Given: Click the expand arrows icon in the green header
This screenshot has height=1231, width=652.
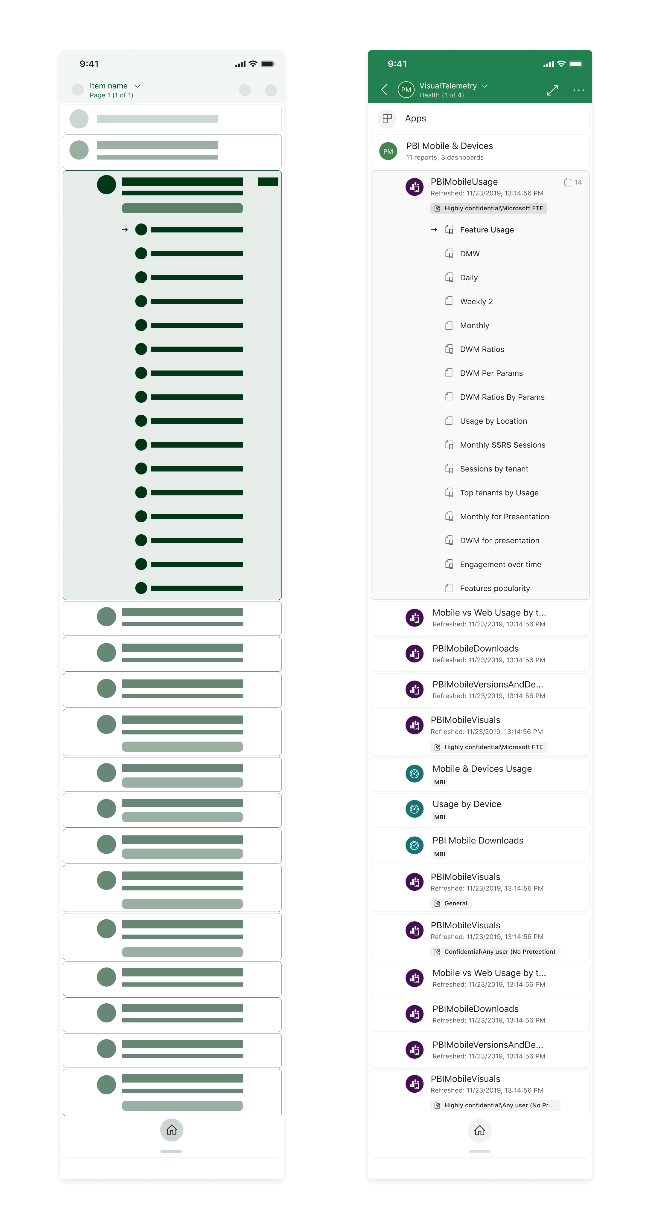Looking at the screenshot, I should (552, 90).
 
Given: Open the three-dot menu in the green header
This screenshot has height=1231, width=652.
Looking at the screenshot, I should (578, 90).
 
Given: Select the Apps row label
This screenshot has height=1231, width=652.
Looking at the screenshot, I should (415, 119).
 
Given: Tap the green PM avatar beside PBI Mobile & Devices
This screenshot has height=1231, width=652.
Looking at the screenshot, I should (388, 151).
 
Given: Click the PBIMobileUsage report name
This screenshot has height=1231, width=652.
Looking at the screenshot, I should (464, 182).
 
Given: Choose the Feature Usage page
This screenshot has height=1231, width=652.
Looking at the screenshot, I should (487, 230).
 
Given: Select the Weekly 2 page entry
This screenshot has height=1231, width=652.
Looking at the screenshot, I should (476, 301).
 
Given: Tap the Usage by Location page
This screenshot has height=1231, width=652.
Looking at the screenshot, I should (493, 421).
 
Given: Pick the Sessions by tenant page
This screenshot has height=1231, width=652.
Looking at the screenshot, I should (494, 469).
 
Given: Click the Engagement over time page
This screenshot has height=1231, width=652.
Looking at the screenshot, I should (500, 564).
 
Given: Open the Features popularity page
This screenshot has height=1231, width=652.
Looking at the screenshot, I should (495, 588).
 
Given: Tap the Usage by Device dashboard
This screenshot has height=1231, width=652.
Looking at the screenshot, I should (466, 804).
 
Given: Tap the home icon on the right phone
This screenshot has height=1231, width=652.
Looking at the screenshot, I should (479, 1130).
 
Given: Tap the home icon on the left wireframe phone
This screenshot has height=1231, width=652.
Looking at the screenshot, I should (172, 1130).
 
